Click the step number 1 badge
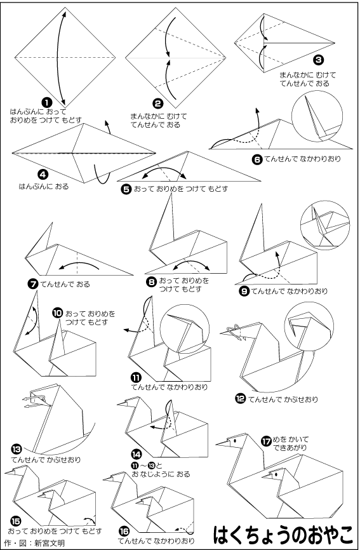pos(47,102)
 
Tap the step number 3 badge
pos(318,60)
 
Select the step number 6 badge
pos(257,159)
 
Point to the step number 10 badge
pos(58,313)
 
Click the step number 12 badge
pos(241,399)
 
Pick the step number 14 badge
pos(137,454)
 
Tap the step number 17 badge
pos(267,441)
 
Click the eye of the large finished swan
pos(234,439)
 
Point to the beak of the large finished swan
pos(223,443)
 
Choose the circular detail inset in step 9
pos(325,225)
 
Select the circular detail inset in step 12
pos(309,330)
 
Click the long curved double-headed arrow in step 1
pos(58,57)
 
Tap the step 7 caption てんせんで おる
pos(65,284)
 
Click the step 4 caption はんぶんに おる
pos(44,186)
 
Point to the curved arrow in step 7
pos(79,264)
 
